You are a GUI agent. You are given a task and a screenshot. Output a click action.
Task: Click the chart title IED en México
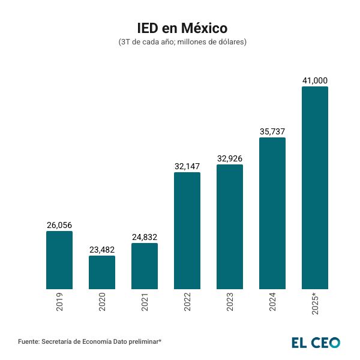[x=180, y=28]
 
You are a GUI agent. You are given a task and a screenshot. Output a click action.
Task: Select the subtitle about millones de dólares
[x=180, y=43]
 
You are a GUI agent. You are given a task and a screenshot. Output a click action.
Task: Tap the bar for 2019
[x=59, y=260]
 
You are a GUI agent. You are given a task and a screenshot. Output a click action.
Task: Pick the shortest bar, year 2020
[x=102, y=272]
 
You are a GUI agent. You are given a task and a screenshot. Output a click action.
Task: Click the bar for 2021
[x=145, y=266]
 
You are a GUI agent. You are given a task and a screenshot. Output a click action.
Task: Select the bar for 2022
[x=187, y=230]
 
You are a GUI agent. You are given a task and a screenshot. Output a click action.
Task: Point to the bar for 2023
[x=230, y=227]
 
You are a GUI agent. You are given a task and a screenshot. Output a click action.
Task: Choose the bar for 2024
[x=272, y=213]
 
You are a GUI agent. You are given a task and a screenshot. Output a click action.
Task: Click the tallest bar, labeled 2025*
[x=315, y=188]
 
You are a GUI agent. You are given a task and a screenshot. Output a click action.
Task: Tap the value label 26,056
[x=59, y=225]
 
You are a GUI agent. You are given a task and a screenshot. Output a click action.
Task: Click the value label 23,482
[x=102, y=250]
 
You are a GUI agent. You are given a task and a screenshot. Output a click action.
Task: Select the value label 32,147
[x=187, y=166]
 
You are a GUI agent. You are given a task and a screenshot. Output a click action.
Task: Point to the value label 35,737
[x=272, y=131]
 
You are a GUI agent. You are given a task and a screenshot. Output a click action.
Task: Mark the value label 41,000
[x=315, y=80]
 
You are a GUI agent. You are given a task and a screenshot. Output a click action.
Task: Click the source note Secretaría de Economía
[x=90, y=341]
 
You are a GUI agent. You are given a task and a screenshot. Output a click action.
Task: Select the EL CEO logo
[x=316, y=342]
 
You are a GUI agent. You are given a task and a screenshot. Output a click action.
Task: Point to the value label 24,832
[x=145, y=237]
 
